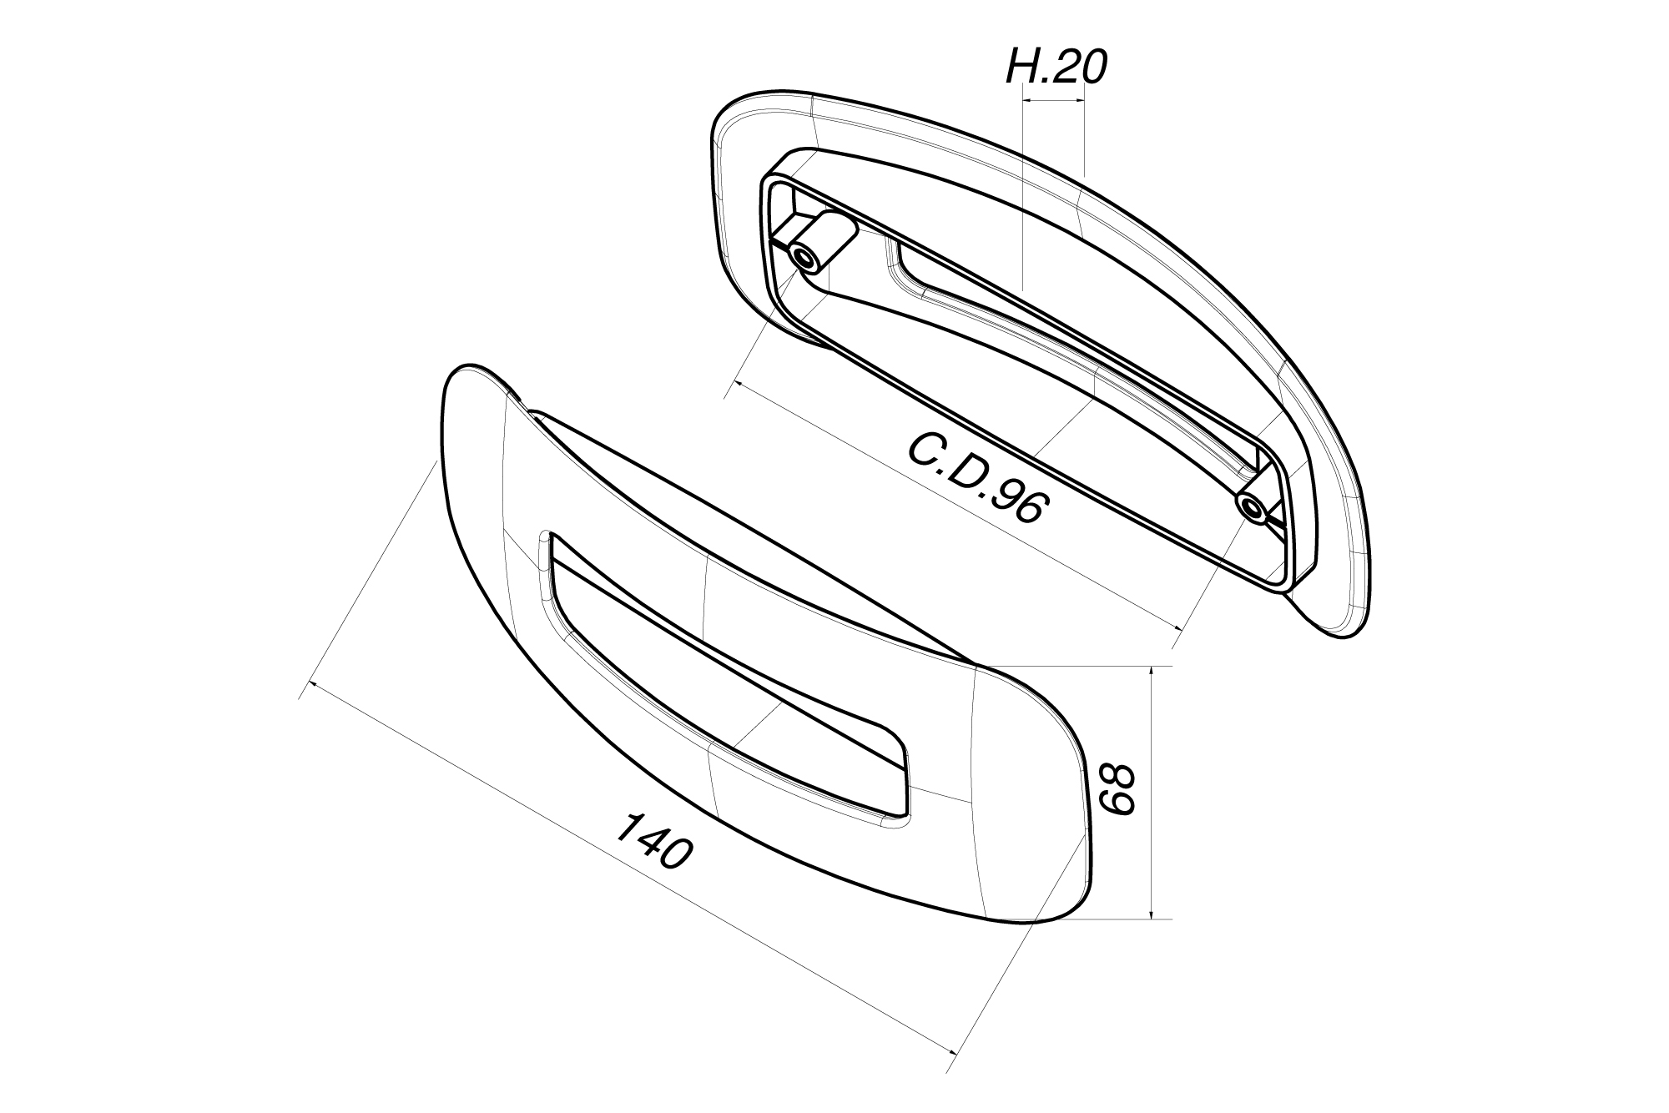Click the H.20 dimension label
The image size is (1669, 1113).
point(1056,68)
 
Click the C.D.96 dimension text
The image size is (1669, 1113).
point(976,480)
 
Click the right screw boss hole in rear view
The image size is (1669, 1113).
point(1250,506)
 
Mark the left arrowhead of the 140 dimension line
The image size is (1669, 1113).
point(313,685)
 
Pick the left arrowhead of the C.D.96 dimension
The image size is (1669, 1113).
point(735,385)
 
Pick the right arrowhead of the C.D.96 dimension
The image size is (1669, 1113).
point(1179,627)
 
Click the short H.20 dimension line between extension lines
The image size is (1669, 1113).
point(1053,101)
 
